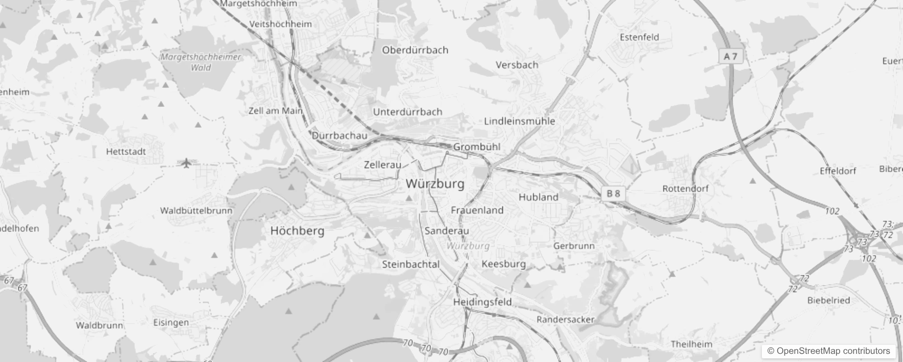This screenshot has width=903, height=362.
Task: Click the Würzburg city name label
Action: (435, 184)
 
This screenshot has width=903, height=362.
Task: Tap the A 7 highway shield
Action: (731, 57)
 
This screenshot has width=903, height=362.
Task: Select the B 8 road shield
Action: (613, 194)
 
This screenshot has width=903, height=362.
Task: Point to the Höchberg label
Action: (297, 231)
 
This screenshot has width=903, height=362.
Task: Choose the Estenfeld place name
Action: (639, 37)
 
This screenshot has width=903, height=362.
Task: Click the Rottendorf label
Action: (685, 189)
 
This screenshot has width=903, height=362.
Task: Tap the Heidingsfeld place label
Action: (482, 302)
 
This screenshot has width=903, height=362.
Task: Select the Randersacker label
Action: (565, 319)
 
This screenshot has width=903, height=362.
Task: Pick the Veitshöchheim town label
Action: (280, 24)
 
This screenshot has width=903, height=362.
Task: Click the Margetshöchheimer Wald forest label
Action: (201, 62)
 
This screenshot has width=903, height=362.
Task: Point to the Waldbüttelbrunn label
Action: (196, 210)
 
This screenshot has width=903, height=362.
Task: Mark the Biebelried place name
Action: (828, 300)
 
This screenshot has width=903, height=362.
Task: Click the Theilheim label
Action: (691, 344)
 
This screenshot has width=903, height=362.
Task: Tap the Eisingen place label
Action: (171, 323)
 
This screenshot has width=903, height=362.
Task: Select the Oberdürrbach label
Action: (415, 50)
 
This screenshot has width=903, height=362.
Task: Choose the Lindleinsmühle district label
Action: (519, 121)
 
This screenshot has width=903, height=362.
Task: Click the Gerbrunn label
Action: (574, 246)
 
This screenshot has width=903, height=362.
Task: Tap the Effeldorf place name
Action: (838, 171)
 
